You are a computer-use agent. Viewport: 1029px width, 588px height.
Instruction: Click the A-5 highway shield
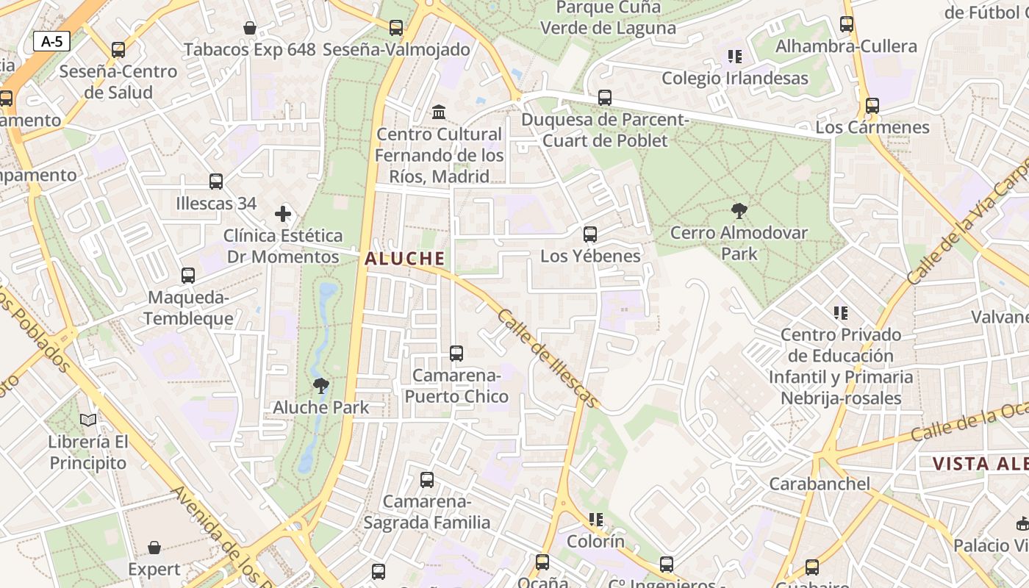(51, 41)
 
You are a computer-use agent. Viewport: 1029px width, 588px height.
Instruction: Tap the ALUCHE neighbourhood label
(405, 258)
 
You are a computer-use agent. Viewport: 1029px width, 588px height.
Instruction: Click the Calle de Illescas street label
(548, 358)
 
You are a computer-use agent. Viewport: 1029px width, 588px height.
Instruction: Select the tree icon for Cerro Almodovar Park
(739, 212)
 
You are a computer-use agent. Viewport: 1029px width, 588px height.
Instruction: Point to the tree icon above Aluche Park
(321, 385)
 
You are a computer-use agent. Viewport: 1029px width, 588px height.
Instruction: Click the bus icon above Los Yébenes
(590, 234)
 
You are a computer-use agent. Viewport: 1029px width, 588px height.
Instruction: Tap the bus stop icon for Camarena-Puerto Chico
(456, 354)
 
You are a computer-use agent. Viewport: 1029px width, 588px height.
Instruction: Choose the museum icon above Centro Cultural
(440, 112)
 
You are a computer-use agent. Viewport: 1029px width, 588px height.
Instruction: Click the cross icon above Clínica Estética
(283, 214)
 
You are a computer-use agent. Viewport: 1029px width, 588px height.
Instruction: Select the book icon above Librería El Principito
(88, 420)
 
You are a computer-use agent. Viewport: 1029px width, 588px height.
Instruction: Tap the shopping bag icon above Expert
(154, 548)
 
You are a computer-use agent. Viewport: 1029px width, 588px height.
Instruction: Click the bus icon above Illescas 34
(216, 182)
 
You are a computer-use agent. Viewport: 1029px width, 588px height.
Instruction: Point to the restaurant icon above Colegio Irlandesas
(734, 57)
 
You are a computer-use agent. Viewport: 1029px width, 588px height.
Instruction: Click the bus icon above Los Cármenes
(872, 106)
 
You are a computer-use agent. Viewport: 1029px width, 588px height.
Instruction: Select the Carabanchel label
(820, 484)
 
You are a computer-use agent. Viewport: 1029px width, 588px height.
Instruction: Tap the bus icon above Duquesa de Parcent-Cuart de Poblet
(605, 98)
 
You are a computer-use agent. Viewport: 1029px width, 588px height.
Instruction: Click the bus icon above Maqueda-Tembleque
(188, 276)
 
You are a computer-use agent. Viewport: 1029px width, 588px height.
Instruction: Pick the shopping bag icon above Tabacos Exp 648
(250, 28)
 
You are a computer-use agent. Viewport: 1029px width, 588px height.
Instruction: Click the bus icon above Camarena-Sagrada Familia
(427, 480)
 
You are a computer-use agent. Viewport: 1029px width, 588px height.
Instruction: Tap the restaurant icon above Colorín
(596, 520)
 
